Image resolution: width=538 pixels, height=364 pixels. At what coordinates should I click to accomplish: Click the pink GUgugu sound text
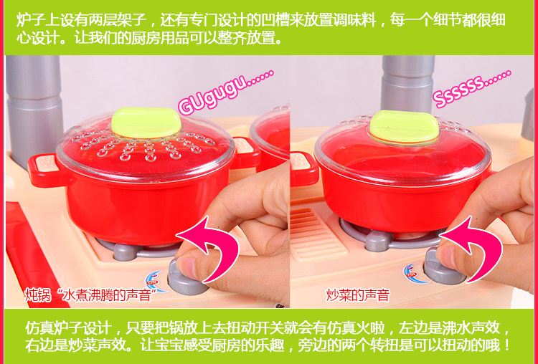(226, 92)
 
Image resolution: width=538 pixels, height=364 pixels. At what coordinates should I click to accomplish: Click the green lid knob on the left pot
(146, 123)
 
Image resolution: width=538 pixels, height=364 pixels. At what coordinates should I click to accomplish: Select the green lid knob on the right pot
(403, 126)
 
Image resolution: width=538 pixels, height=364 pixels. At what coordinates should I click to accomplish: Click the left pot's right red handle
(245, 153)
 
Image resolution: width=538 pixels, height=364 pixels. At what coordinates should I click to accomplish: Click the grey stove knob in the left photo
(187, 277)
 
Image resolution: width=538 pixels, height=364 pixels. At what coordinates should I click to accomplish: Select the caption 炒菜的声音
(358, 294)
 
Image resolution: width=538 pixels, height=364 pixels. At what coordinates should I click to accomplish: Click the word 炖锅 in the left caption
(37, 294)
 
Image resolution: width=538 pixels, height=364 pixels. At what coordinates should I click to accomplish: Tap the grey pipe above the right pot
(407, 83)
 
